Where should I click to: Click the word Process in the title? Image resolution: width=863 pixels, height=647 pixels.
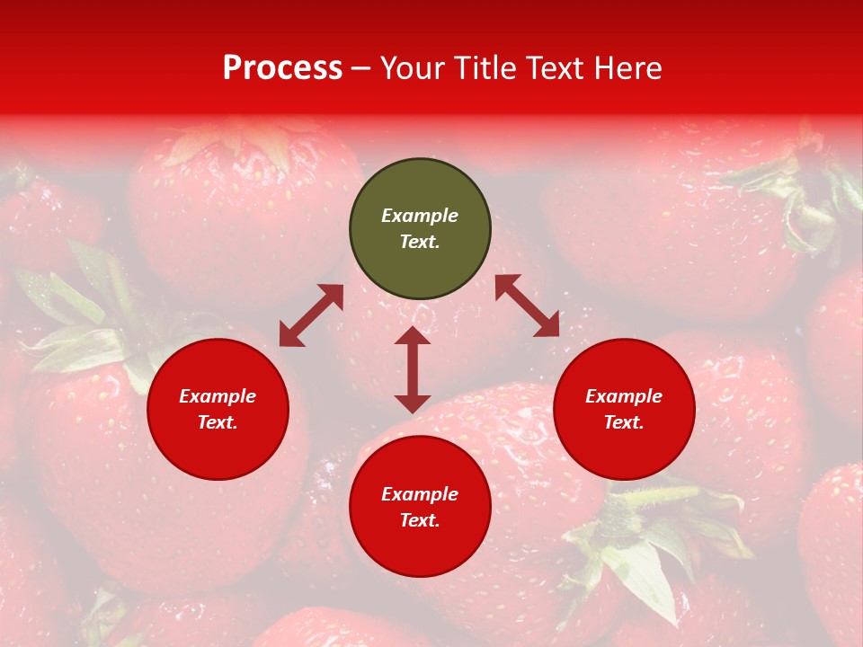tap(282, 68)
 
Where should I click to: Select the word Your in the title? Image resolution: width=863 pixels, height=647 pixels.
tap(413, 68)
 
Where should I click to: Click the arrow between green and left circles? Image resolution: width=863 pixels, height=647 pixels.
tap(311, 315)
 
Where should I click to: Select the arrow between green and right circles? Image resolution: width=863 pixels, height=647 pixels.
tap(527, 306)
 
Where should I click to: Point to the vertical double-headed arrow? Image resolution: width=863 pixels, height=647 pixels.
tap(413, 369)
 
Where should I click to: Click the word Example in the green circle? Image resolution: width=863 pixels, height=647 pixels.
tap(420, 216)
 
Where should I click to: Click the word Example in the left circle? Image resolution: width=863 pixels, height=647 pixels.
tap(218, 396)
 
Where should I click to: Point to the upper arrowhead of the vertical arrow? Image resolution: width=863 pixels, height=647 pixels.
tap(413, 335)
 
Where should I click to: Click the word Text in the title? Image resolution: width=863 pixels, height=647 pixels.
tap(551, 68)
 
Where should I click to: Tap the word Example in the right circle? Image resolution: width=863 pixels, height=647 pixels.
tap(624, 396)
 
